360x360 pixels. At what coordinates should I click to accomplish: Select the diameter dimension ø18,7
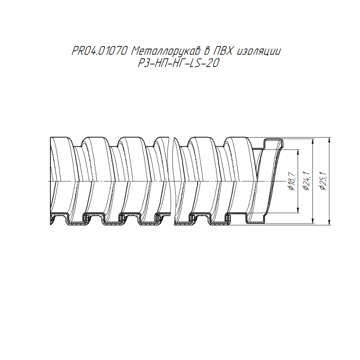click(292, 181)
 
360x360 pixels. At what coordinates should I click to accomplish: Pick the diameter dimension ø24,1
click(306, 181)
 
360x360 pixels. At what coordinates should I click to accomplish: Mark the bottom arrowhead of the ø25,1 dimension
click(330, 222)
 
